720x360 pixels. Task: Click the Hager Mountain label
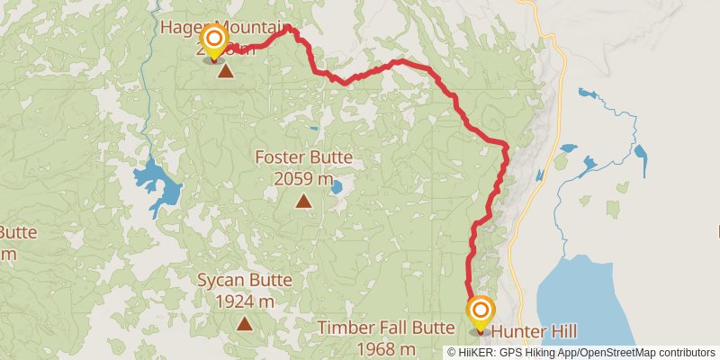tap(227, 26)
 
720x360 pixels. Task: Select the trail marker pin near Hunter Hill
tap(480, 313)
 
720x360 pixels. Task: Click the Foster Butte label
tap(303, 158)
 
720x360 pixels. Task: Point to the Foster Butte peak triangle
tap(303, 201)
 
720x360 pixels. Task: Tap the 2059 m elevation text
tap(303, 178)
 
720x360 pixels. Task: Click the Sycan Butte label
tap(244, 280)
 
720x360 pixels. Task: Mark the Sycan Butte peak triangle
tap(244, 322)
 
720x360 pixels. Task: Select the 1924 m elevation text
tap(244, 301)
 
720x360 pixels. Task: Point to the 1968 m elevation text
tap(385, 349)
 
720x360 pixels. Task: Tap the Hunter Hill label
tap(534, 331)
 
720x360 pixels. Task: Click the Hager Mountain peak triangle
tap(226, 70)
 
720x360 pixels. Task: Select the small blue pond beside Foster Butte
tap(336, 187)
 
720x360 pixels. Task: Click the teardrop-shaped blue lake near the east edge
tap(640, 159)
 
